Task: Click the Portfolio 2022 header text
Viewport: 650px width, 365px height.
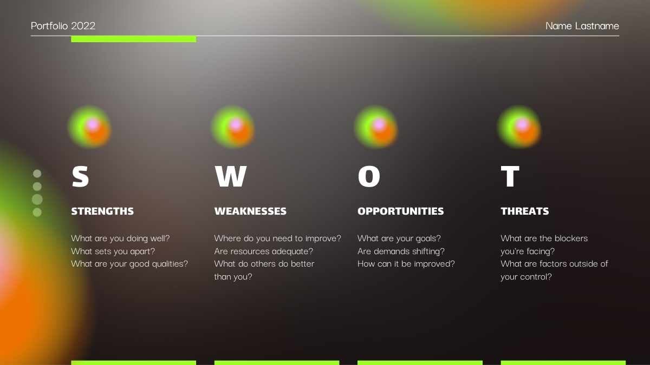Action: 63,26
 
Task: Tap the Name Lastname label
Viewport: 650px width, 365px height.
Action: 582,26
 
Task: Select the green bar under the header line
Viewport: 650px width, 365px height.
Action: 133,39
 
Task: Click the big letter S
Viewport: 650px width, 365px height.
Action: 80,176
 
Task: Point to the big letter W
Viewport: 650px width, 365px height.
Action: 231,176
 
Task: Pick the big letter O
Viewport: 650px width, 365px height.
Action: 369,176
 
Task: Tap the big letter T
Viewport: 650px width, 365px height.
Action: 510,176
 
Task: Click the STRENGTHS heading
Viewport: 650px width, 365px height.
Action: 102,211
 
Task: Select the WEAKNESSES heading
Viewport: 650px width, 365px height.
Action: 250,211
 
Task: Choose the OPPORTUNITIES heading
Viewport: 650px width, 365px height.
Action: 401,211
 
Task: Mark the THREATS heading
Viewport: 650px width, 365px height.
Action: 525,211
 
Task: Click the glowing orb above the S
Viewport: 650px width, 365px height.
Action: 89,127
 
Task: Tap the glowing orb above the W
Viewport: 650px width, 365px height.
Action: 233,127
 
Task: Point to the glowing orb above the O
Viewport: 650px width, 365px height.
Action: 376,127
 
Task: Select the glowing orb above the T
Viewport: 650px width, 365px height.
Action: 519,127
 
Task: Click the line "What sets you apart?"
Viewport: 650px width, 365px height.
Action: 113,251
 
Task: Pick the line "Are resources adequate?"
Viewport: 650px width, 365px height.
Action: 264,251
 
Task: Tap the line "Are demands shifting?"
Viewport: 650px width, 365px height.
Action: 401,251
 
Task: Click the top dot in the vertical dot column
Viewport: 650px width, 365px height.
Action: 37,174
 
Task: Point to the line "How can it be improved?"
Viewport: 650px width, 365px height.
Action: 406,264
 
